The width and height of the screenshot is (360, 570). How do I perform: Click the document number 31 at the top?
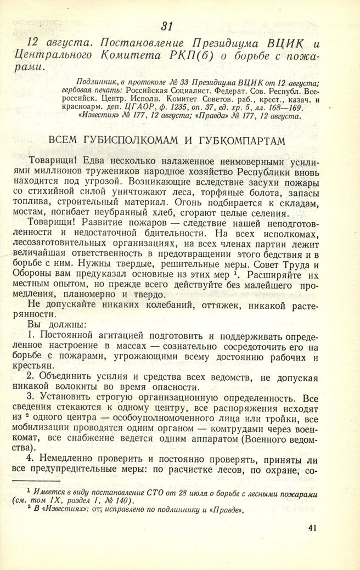click(168, 25)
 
